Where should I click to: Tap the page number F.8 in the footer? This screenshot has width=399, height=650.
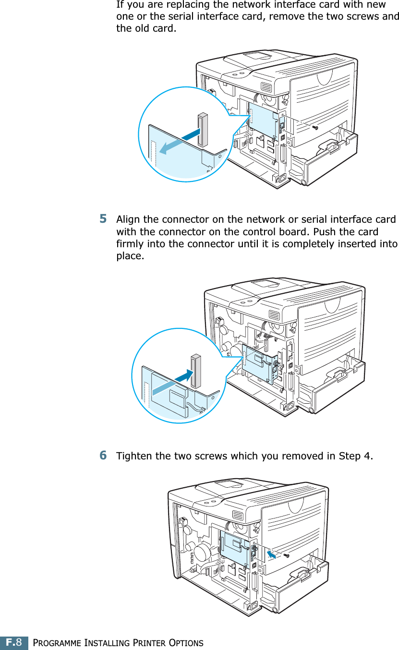coord(14,642)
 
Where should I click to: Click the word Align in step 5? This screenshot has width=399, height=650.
coord(128,220)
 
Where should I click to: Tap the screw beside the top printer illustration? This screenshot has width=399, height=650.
coord(315,128)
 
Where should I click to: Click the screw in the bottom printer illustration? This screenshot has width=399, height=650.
coord(287,555)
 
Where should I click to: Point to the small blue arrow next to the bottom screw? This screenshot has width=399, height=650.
coord(272,554)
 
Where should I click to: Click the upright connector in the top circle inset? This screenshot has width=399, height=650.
coord(202,130)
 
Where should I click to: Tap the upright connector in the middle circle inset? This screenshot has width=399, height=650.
coord(195,371)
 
